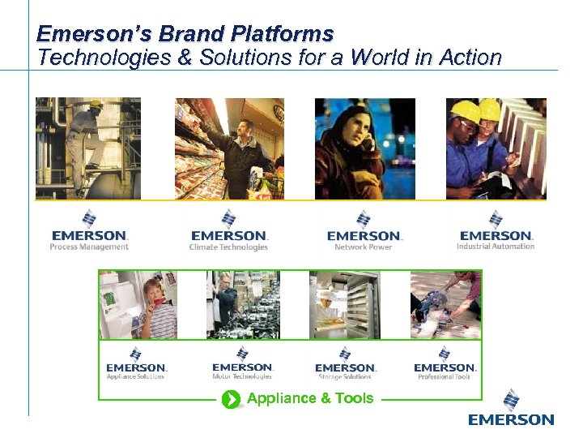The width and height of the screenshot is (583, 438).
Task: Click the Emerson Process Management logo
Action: pyautogui.click(x=89, y=230)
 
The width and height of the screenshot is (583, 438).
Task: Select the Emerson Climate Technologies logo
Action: pyautogui.click(x=228, y=230)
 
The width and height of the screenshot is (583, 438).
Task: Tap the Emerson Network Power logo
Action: pyautogui.click(x=364, y=230)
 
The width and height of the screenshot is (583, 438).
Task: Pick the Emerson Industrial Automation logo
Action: pyautogui.click(x=496, y=230)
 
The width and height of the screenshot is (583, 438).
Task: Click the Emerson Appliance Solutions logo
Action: pyautogui.click(x=136, y=363)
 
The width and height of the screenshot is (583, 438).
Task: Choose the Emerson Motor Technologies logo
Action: pyautogui.click(x=242, y=363)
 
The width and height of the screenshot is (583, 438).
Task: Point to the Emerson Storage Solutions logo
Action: pyautogui.click(x=345, y=363)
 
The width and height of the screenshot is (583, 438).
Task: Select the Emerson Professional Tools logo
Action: pyautogui.click(x=445, y=363)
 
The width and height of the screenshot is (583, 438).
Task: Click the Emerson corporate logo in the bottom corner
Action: pyautogui.click(x=511, y=409)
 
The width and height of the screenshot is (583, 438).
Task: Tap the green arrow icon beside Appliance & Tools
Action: pyautogui.click(x=232, y=398)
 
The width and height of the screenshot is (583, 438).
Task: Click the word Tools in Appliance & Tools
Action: pyautogui.click(x=355, y=398)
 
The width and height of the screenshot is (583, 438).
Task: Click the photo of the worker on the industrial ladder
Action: pyautogui.click(x=88, y=148)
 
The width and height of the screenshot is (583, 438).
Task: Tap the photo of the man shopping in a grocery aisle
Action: pyautogui.click(x=229, y=148)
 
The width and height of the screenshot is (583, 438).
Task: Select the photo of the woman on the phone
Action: pyautogui.click(x=364, y=148)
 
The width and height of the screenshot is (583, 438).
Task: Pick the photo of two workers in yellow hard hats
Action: pyautogui.click(x=496, y=148)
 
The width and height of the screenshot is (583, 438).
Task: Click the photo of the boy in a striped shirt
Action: pyautogui.click(x=138, y=305)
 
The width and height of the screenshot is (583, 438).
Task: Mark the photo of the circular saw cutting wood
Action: pyautogui.click(x=445, y=305)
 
